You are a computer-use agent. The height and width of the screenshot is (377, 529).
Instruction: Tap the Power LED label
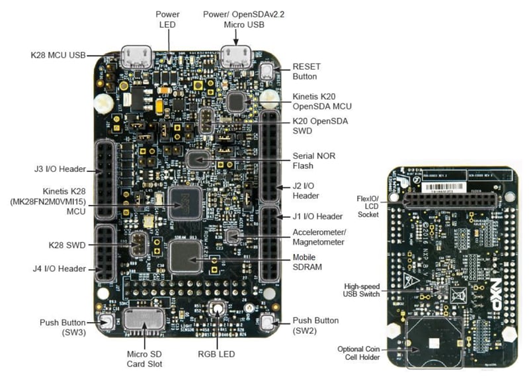point(167,19)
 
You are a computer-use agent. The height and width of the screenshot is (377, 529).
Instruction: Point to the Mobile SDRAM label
point(307,263)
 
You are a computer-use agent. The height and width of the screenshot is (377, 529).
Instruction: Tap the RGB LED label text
point(216,355)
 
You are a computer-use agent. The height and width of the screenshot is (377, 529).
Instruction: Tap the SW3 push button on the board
point(104,322)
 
